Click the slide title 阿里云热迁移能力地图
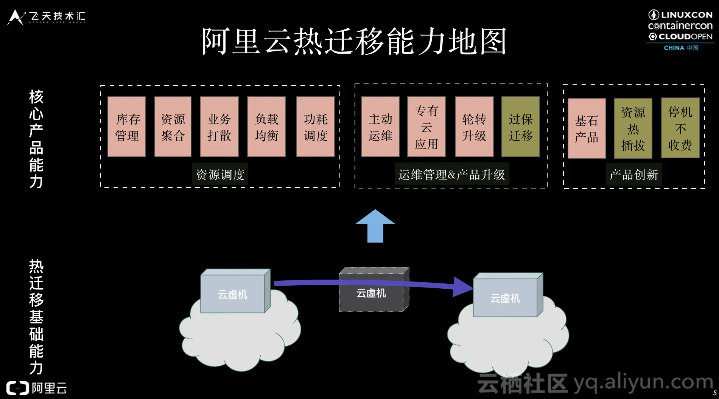354,41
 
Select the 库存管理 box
127,127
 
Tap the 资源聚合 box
173,127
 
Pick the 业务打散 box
219,127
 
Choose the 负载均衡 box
266,127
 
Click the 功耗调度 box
316,127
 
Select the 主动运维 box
380,127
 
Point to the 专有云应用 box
426,127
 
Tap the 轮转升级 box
474,127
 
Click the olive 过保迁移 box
521,127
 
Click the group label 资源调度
220,175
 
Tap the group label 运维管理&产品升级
451,175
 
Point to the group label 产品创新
634,175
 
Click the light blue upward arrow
375,227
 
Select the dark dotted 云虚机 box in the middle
371,293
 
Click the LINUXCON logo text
686,15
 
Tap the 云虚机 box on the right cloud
505,298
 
